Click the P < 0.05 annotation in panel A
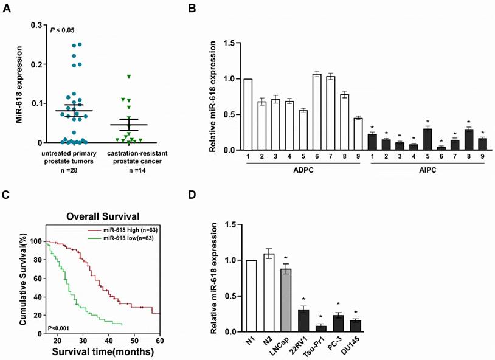click(61, 30)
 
